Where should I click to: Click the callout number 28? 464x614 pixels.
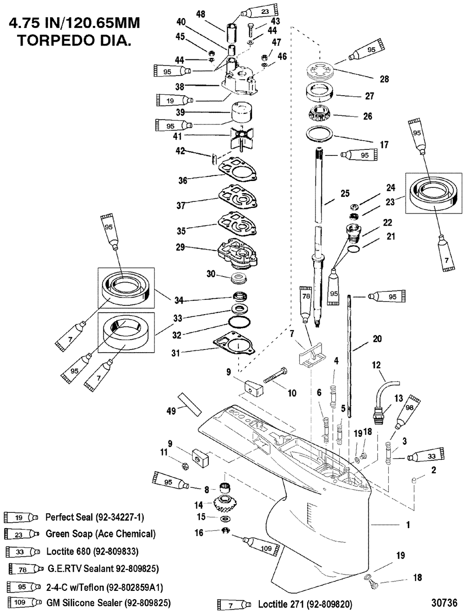click(x=384, y=79)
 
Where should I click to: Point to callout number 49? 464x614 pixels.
click(x=171, y=411)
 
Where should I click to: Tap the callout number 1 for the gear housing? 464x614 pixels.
click(x=408, y=525)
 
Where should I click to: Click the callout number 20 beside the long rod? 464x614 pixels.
click(x=377, y=339)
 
